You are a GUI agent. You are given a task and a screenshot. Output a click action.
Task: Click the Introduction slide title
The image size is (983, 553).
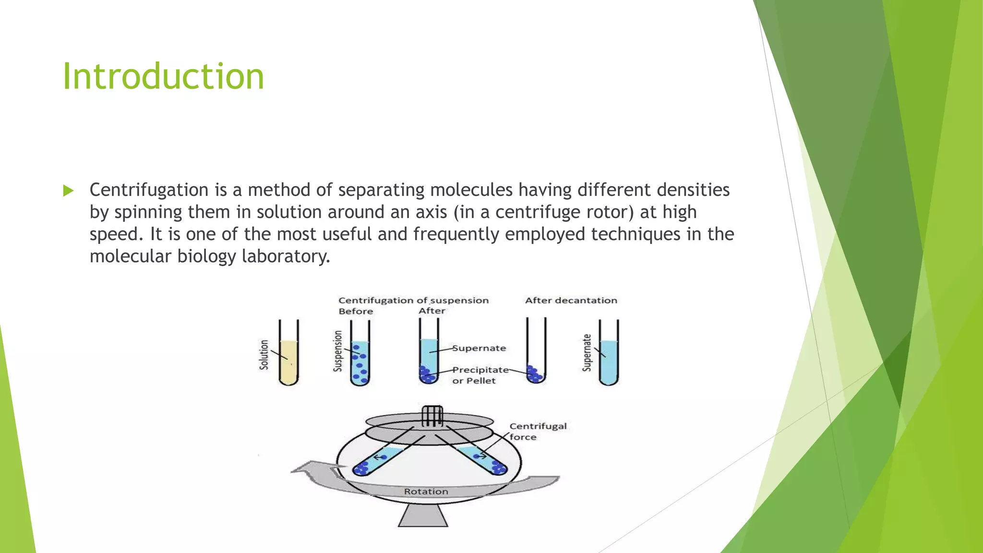(x=163, y=77)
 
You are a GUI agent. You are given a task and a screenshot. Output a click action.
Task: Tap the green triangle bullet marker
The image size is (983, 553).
(x=68, y=191)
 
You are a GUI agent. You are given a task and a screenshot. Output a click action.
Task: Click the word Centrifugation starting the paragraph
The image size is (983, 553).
(x=149, y=190)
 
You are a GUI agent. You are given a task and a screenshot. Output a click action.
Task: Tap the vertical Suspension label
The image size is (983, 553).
(x=338, y=351)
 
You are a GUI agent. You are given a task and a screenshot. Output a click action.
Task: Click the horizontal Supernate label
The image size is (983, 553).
(x=479, y=348)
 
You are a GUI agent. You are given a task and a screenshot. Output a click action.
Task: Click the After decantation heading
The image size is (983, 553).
(x=571, y=301)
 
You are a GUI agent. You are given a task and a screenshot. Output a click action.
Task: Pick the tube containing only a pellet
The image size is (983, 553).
(x=536, y=355)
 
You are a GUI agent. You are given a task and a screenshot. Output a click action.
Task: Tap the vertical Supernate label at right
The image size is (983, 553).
(x=587, y=353)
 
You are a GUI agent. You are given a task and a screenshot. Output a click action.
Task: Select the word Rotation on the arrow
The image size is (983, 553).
(x=426, y=492)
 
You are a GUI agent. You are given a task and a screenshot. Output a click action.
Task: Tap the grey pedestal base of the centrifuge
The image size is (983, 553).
(x=423, y=517)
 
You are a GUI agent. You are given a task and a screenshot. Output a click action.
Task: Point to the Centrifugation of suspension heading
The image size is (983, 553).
(x=413, y=301)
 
